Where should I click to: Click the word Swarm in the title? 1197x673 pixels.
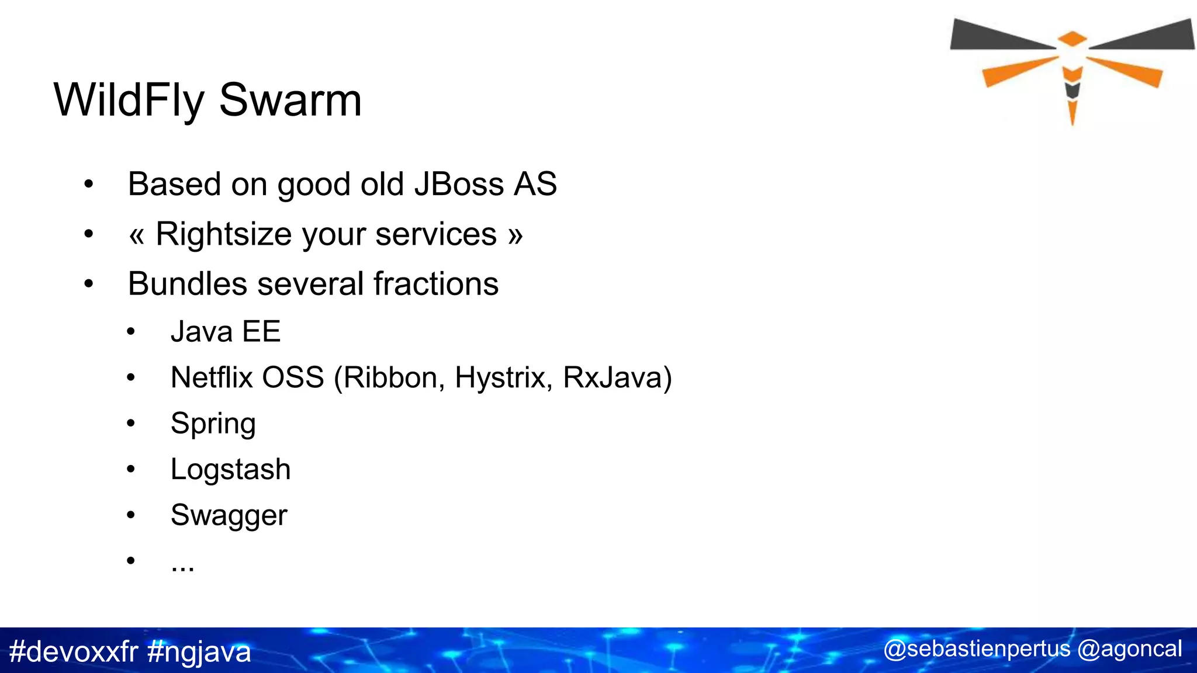(x=290, y=100)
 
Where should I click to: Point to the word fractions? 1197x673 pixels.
(x=436, y=284)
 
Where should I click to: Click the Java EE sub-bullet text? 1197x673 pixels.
(x=226, y=331)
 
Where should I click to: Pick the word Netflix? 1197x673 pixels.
(x=212, y=377)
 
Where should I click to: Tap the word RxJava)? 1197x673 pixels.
(x=617, y=377)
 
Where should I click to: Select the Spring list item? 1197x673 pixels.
(x=213, y=424)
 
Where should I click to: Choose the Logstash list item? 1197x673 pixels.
(x=231, y=469)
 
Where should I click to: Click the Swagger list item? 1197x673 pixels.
(x=229, y=515)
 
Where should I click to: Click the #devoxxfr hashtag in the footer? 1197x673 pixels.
(x=74, y=651)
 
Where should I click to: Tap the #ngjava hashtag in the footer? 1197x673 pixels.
(x=199, y=651)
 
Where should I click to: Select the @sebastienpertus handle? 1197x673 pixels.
(x=977, y=649)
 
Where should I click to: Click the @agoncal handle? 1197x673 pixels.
(x=1129, y=649)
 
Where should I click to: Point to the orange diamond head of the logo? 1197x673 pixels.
(x=1072, y=39)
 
